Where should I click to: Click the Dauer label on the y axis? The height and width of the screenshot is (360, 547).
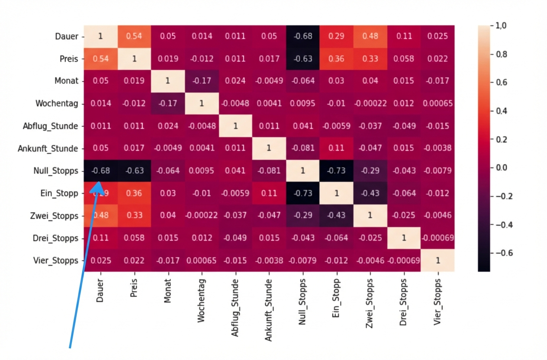click(67, 36)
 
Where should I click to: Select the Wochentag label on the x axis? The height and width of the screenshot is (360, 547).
click(201, 300)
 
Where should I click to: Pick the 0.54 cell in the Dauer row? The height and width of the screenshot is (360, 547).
click(134, 36)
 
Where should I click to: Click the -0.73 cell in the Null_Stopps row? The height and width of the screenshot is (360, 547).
click(336, 171)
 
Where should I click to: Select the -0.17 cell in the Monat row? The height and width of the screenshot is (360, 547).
click(202, 81)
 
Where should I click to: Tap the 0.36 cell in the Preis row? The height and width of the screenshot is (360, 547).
click(336, 58)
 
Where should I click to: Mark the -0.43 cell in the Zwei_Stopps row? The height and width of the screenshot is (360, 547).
click(336, 215)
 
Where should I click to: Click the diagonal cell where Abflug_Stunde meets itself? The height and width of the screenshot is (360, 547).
click(235, 126)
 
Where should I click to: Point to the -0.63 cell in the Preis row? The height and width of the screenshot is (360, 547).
click(302, 58)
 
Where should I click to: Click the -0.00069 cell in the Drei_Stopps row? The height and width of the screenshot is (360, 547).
click(438, 238)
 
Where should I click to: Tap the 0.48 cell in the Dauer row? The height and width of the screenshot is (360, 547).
click(370, 36)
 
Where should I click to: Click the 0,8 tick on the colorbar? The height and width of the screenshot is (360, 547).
click(501, 55)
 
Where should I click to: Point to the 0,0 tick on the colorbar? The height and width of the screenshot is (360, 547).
click(501, 168)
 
